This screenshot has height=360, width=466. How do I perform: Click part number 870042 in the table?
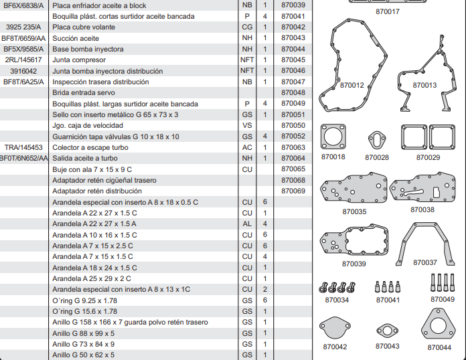(x=293, y=27)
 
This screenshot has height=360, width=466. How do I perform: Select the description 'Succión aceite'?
(x=76, y=38)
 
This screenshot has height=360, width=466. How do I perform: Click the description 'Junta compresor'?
(x=80, y=60)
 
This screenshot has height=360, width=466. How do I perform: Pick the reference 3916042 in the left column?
(x=23, y=71)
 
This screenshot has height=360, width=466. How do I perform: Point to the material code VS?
(x=247, y=125)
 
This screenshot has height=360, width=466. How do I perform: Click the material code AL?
(x=247, y=223)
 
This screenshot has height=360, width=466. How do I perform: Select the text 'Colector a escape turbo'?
(x=90, y=147)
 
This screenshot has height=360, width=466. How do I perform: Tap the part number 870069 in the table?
(x=293, y=191)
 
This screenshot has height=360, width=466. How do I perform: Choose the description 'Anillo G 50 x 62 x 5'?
(x=84, y=355)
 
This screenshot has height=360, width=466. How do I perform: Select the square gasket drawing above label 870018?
(x=333, y=139)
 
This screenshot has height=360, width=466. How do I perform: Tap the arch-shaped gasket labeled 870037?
(x=424, y=241)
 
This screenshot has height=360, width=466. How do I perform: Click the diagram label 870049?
(x=442, y=299)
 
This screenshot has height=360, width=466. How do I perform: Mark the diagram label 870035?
(x=354, y=211)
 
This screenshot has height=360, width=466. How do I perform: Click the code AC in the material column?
(x=247, y=147)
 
